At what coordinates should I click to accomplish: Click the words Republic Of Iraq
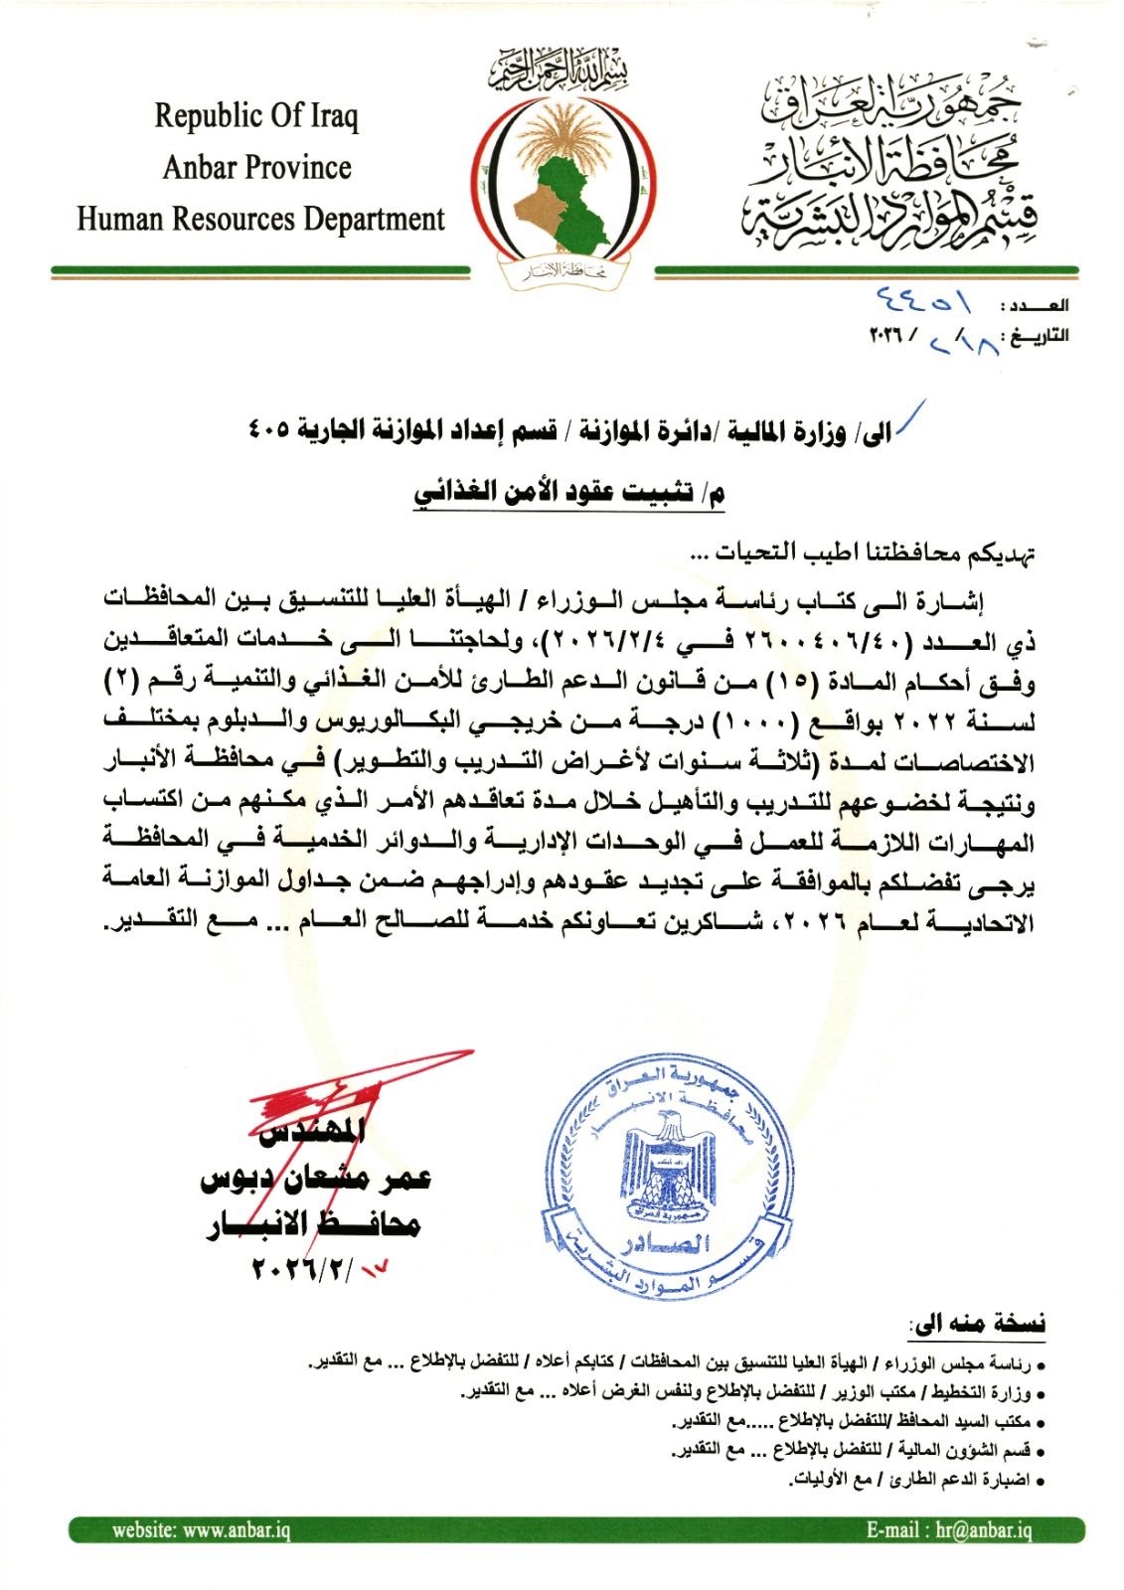pyautogui.click(x=256, y=116)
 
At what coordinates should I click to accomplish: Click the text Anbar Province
pyautogui.click(x=256, y=167)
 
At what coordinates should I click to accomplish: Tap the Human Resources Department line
pyautogui.click(x=260, y=219)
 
